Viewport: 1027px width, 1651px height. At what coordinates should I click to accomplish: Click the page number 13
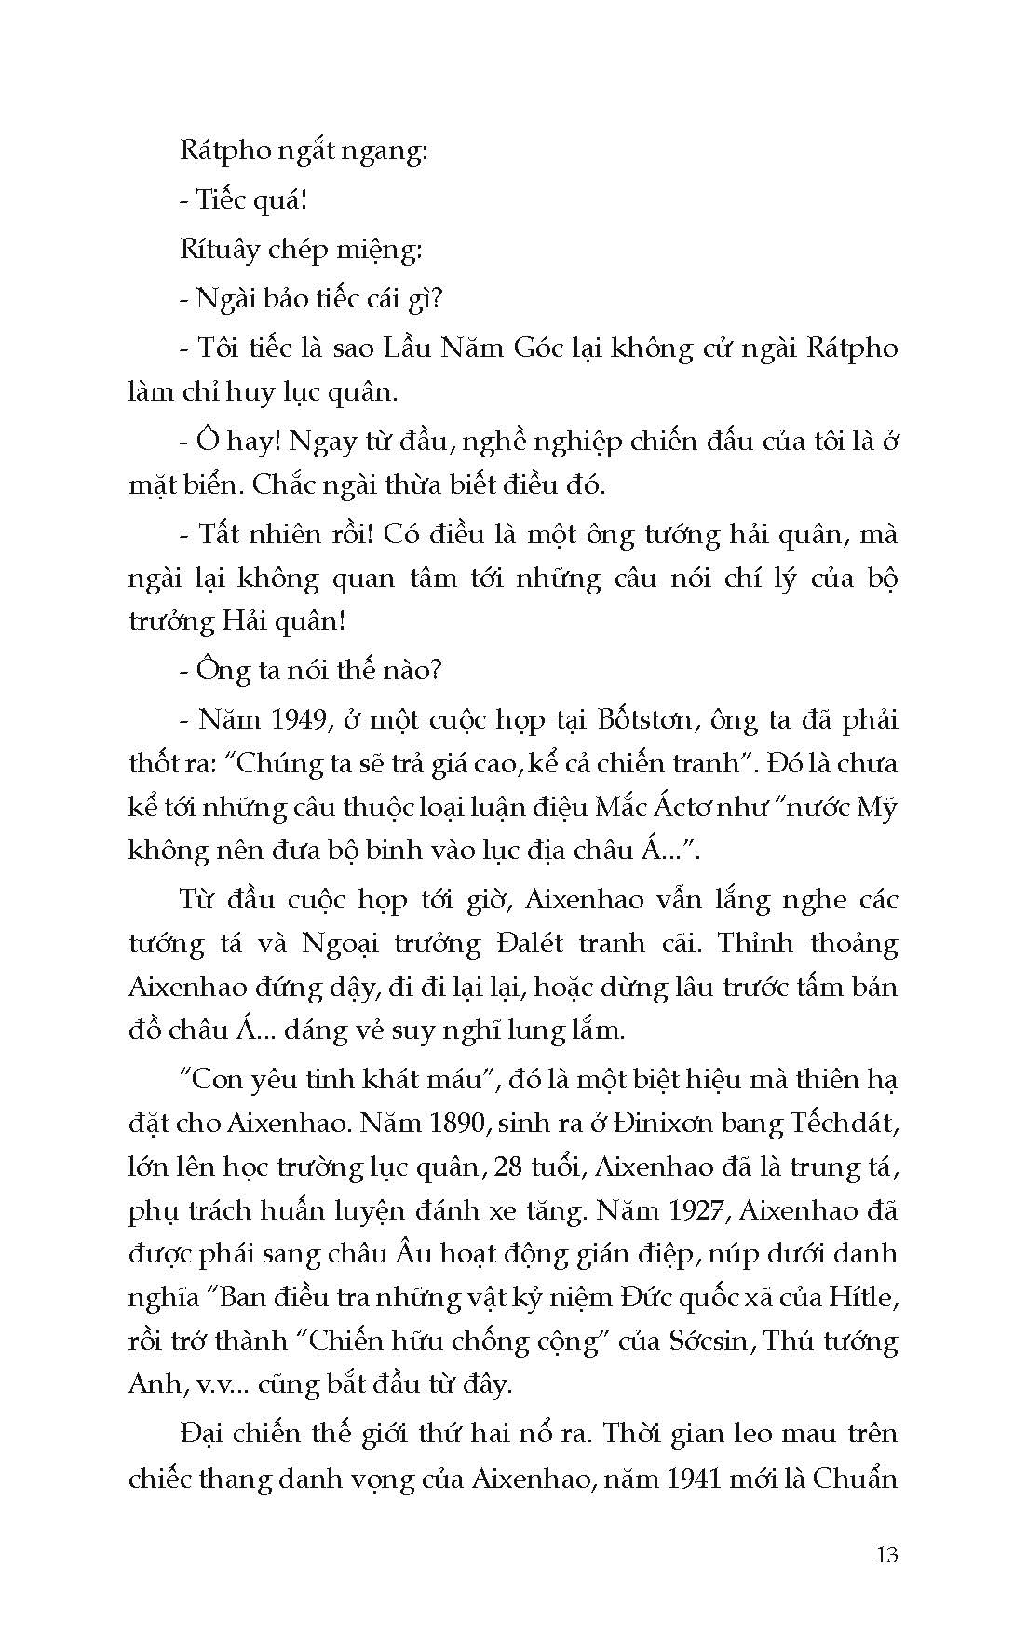(886, 1554)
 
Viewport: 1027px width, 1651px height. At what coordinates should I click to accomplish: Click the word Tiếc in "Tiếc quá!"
(222, 200)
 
